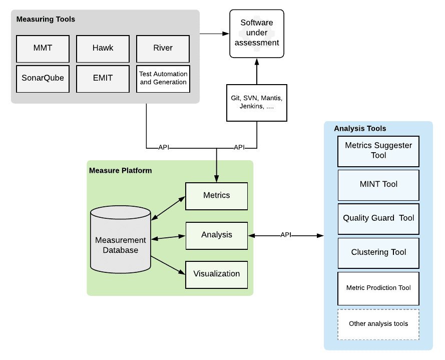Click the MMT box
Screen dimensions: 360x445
[x=43, y=49]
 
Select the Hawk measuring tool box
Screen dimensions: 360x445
[x=103, y=49]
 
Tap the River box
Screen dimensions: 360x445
[x=163, y=49]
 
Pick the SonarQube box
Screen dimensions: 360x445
[x=43, y=79]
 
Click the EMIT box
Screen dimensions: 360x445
[x=103, y=79]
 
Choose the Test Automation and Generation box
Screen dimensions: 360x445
[x=163, y=79]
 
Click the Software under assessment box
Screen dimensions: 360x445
[x=257, y=33]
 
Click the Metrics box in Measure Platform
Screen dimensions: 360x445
[x=216, y=196]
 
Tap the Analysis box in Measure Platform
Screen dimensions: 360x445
[x=216, y=235]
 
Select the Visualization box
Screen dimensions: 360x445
[x=216, y=274]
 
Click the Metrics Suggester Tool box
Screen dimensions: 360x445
[x=378, y=150]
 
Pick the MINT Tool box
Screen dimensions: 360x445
[x=378, y=185]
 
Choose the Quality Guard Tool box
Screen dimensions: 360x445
[x=378, y=219]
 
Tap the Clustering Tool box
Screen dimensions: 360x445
[x=378, y=253]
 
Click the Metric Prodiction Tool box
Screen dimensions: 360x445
[x=378, y=288]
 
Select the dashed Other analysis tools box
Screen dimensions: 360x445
[x=378, y=324]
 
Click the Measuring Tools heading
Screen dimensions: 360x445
[x=46, y=20]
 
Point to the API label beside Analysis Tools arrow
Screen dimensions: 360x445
[x=286, y=235]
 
